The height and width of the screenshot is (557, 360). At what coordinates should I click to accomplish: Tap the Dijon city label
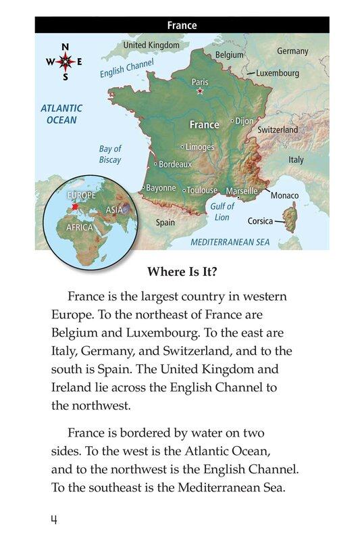click(245, 121)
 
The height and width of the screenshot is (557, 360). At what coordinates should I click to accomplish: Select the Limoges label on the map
click(199, 147)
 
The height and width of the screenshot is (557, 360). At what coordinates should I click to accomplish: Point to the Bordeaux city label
click(176, 164)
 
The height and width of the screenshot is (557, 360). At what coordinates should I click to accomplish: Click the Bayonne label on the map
click(161, 188)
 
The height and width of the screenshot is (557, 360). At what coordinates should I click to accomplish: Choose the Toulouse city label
click(202, 191)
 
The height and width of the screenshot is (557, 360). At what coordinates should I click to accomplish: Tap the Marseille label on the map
click(242, 191)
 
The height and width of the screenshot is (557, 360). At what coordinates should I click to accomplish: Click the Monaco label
click(284, 195)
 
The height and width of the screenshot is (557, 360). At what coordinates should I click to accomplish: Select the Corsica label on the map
click(260, 221)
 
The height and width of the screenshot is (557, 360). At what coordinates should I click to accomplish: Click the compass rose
click(66, 62)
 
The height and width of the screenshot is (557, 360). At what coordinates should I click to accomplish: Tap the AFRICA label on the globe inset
click(79, 228)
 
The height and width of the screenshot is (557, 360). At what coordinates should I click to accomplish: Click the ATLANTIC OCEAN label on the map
click(61, 114)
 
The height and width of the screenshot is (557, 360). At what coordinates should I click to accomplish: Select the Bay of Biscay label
click(110, 154)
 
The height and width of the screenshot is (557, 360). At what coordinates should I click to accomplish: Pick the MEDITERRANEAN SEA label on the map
click(230, 241)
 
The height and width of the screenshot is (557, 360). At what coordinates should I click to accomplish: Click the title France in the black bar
click(182, 26)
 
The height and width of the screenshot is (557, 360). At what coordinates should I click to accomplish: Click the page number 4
click(53, 519)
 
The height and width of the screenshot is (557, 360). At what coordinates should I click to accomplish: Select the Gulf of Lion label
click(222, 212)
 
